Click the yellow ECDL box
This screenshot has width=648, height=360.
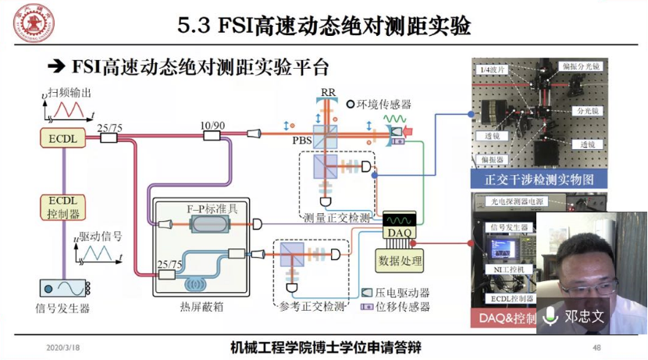[62, 138]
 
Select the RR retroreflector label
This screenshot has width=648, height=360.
[328, 92]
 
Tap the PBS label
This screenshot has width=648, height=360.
[302, 141]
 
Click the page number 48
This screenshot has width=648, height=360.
[596, 348]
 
